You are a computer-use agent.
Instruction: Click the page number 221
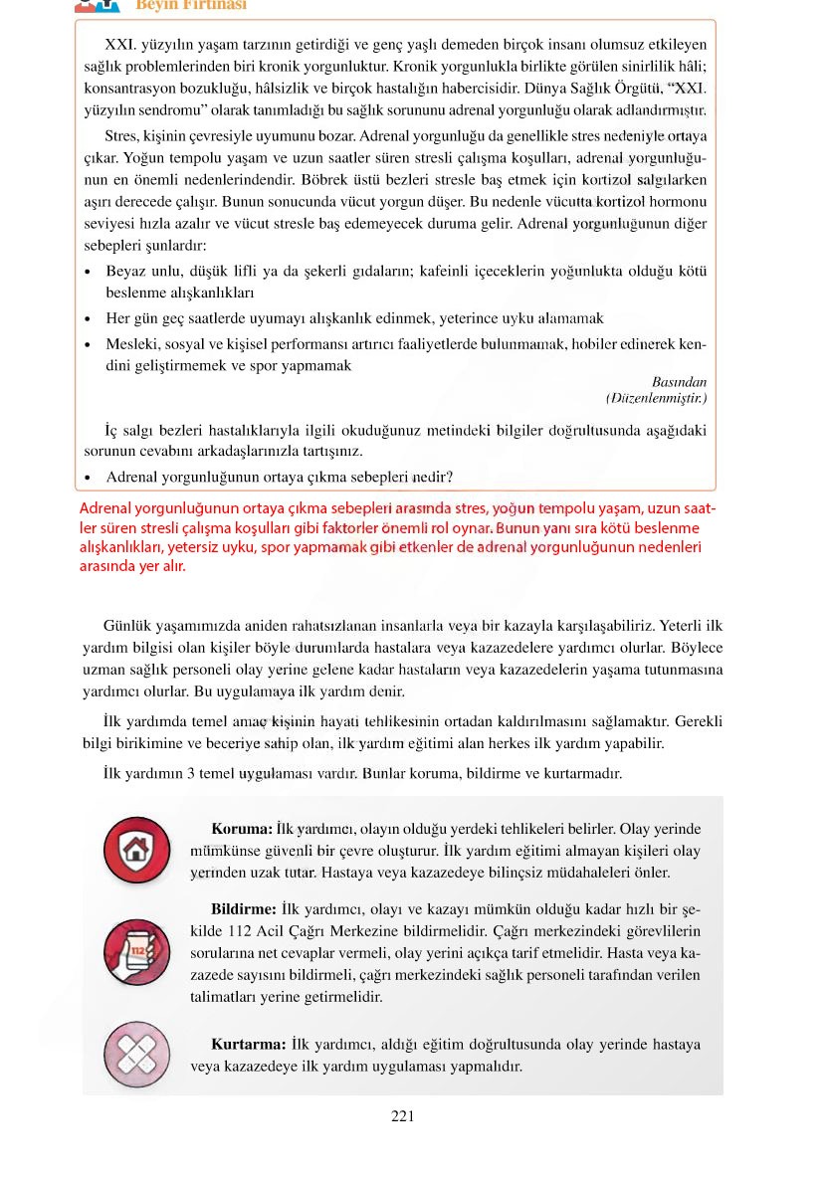pyautogui.click(x=402, y=1116)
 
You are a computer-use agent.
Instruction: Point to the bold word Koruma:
pyautogui.click(x=242, y=829)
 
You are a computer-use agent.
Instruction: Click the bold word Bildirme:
pyautogui.click(x=244, y=909)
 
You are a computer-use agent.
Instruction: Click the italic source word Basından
pyautogui.click(x=679, y=382)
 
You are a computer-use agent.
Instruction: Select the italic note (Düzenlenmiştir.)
pyautogui.click(x=656, y=398)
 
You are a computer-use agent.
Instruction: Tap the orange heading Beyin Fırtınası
pyautogui.click(x=191, y=5)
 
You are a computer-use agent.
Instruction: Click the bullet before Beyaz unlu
pyautogui.click(x=90, y=272)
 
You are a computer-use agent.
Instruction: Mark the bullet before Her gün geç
pyautogui.click(x=90, y=319)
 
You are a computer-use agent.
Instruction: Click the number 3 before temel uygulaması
pyautogui.click(x=191, y=773)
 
